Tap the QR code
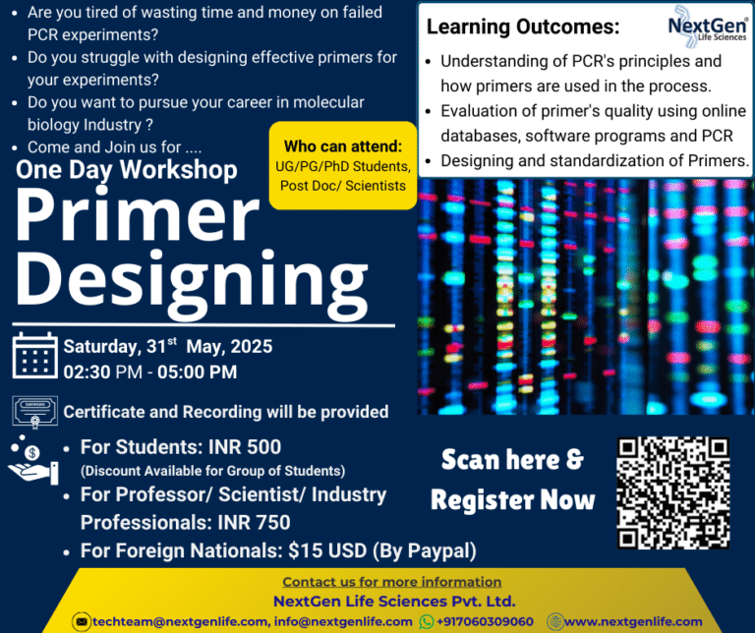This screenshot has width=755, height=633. coord(673,491)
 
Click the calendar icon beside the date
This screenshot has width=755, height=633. coord(34,357)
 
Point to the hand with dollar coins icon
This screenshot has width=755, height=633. coord(34,461)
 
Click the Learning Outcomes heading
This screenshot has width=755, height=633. coord(523,27)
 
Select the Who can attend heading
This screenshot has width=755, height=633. coord(341,145)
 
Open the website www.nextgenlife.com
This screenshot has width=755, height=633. coord(633,621)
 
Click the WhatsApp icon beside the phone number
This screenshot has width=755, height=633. coord(427,621)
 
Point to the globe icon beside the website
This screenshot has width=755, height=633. coord(555,621)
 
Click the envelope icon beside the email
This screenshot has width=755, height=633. coord(82,621)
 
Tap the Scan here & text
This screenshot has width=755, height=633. coord(511,459)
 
